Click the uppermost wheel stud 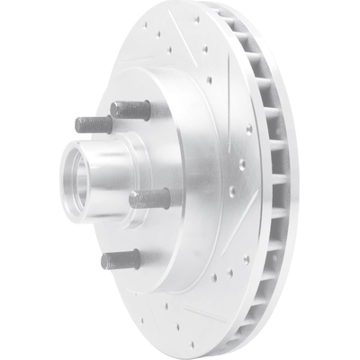pyautogui.click(x=130, y=109)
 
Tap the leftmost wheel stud pyautogui.click(x=94, y=124)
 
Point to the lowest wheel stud pyautogui.click(x=121, y=260)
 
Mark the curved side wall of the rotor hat pyautogui.click(x=193, y=180)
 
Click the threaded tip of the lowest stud pyautogui.click(x=106, y=261)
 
